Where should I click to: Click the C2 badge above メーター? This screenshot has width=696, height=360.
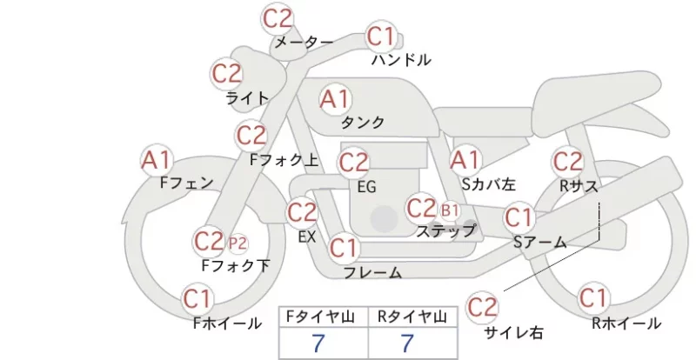pos(278,18)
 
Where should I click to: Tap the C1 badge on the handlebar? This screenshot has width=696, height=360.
pos(381,37)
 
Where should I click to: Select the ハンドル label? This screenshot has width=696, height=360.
pos(401,59)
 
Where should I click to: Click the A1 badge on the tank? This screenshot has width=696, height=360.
pos(335,99)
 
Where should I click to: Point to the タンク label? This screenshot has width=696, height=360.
pos(363,122)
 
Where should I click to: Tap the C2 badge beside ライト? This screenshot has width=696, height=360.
pos(227,74)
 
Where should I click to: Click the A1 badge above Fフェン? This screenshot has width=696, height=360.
pos(157,160)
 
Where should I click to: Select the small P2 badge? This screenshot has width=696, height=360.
pos(238,243)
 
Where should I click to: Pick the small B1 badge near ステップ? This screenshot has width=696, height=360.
pos(450,210)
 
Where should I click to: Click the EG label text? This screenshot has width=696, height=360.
pos(366,187)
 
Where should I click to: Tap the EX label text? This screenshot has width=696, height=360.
pos(307,237)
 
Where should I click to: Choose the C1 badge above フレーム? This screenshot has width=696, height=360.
pos(344,248)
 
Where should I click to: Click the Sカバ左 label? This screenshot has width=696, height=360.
pos(489,183)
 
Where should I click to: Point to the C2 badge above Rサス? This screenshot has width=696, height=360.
pos(568,162)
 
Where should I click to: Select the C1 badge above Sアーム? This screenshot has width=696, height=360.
pos(519,217)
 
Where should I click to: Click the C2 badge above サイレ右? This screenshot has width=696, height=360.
pos(482,307)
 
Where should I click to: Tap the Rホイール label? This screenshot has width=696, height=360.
pos(626,323)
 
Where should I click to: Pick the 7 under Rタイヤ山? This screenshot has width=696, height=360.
pos(407,343)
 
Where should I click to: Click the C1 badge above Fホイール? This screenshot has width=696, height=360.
pos(197,299)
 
